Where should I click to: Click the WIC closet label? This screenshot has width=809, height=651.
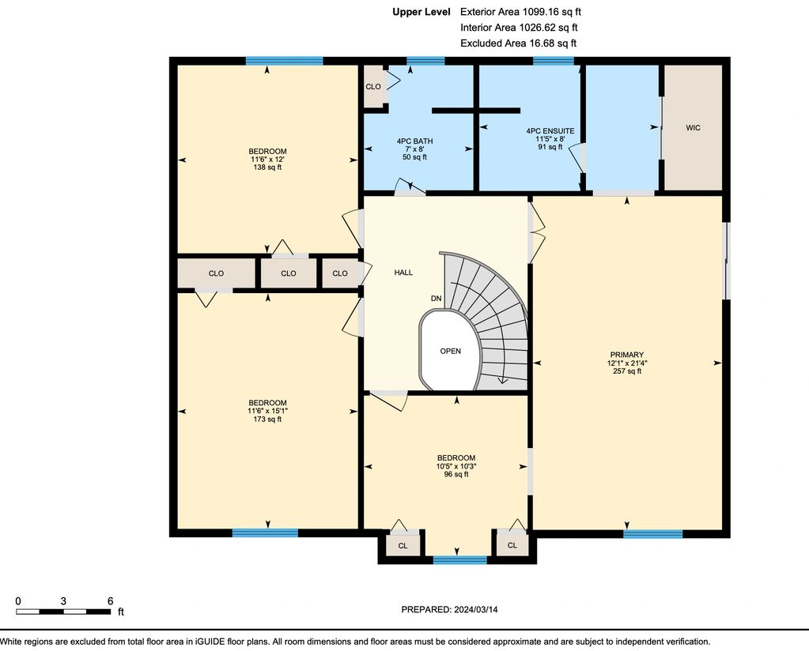[x=693, y=128]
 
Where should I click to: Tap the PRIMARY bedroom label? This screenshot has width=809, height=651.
[x=627, y=355]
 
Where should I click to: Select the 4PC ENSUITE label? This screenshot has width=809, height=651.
[x=550, y=131]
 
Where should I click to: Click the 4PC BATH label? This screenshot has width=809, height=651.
[x=415, y=141]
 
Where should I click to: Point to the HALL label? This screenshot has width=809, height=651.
[x=403, y=273]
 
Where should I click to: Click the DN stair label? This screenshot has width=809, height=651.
[x=436, y=299]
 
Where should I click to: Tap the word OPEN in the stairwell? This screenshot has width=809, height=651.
[x=451, y=351]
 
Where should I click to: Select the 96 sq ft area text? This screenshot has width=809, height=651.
[x=456, y=474]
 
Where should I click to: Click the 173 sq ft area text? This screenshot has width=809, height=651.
[x=267, y=419]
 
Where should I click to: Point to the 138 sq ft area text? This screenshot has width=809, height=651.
[x=267, y=167]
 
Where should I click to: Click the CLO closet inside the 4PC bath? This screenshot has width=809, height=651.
[x=373, y=87]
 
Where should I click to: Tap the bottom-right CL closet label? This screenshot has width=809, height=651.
[x=512, y=545]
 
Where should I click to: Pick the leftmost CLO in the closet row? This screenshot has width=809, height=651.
[x=216, y=273]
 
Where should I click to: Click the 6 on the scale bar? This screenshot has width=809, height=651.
[x=110, y=601]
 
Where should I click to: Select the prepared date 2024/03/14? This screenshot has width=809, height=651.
[x=476, y=609]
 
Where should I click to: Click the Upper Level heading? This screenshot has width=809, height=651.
[x=421, y=12]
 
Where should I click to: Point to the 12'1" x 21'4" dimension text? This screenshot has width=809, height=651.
[x=627, y=363]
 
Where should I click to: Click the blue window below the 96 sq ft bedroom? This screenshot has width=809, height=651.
[x=460, y=560]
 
